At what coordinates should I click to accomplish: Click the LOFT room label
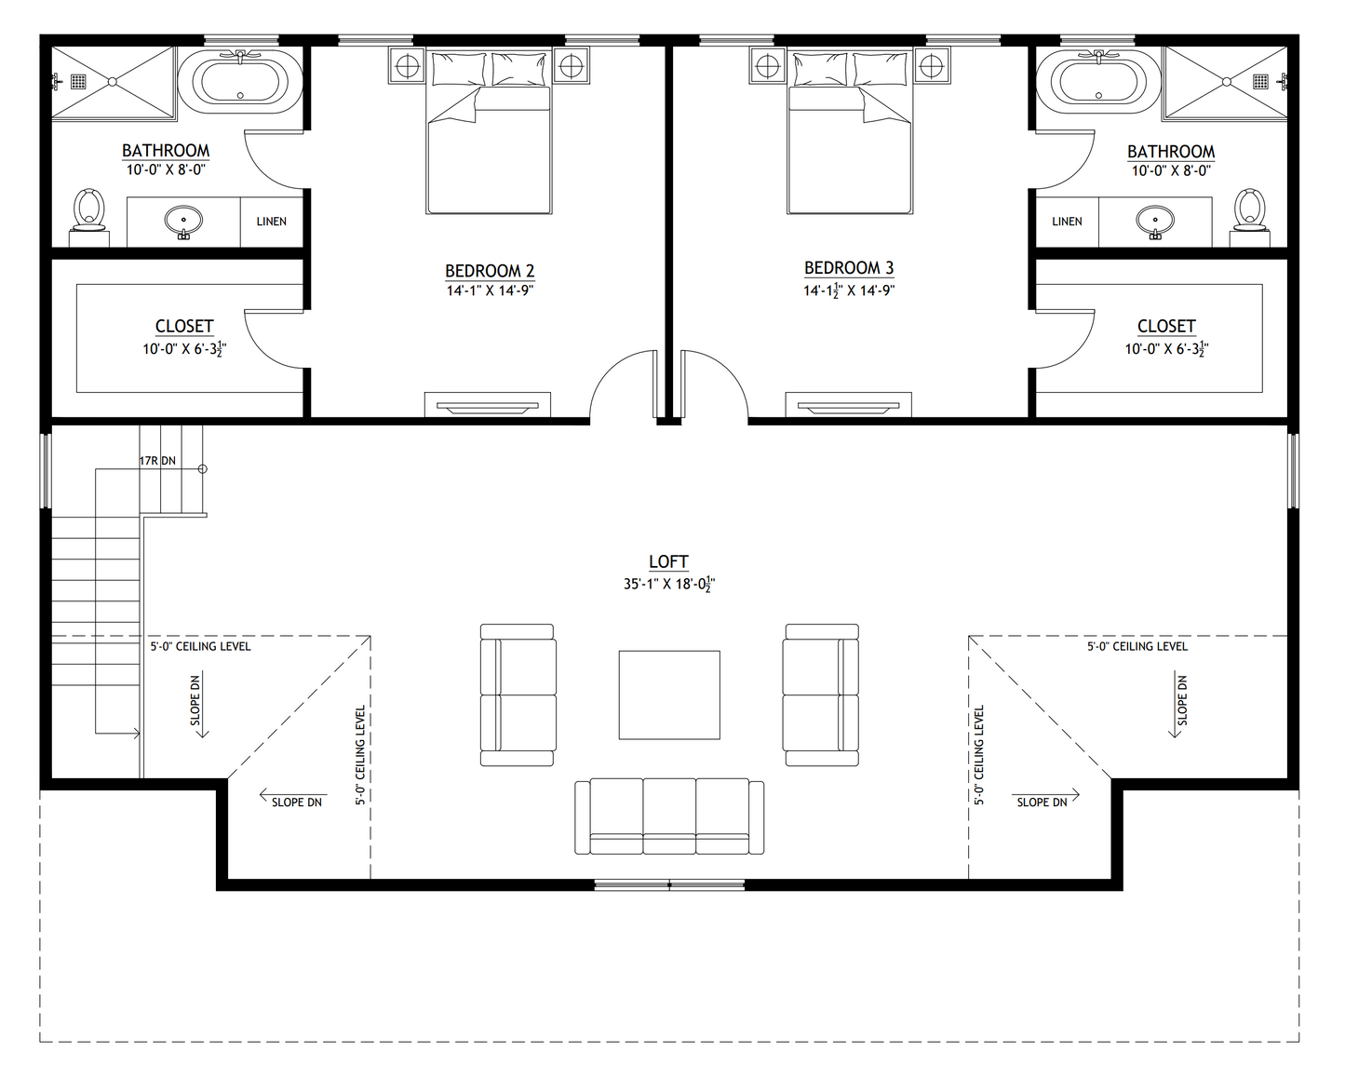(668, 561)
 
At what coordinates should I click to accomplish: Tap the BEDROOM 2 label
(490, 271)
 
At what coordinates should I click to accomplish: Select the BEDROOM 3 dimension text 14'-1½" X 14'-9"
(849, 290)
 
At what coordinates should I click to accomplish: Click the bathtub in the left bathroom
(240, 81)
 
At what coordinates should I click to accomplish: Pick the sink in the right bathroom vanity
(1155, 222)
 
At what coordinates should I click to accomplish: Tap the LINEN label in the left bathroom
(272, 222)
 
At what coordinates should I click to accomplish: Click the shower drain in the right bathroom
(1262, 81)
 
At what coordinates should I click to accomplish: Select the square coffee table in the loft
(669, 695)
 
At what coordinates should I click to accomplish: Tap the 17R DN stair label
(157, 461)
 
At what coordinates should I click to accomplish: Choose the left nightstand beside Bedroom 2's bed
(407, 65)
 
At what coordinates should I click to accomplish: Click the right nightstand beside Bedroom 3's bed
(930, 65)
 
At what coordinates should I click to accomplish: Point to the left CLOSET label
(184, 326)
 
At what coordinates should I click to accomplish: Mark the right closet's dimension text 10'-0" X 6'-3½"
(1166, 349)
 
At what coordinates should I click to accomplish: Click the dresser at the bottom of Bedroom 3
(848, 405)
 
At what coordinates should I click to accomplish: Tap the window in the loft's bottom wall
(669, 884)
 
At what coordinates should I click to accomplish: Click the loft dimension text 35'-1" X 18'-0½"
(668, 585)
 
